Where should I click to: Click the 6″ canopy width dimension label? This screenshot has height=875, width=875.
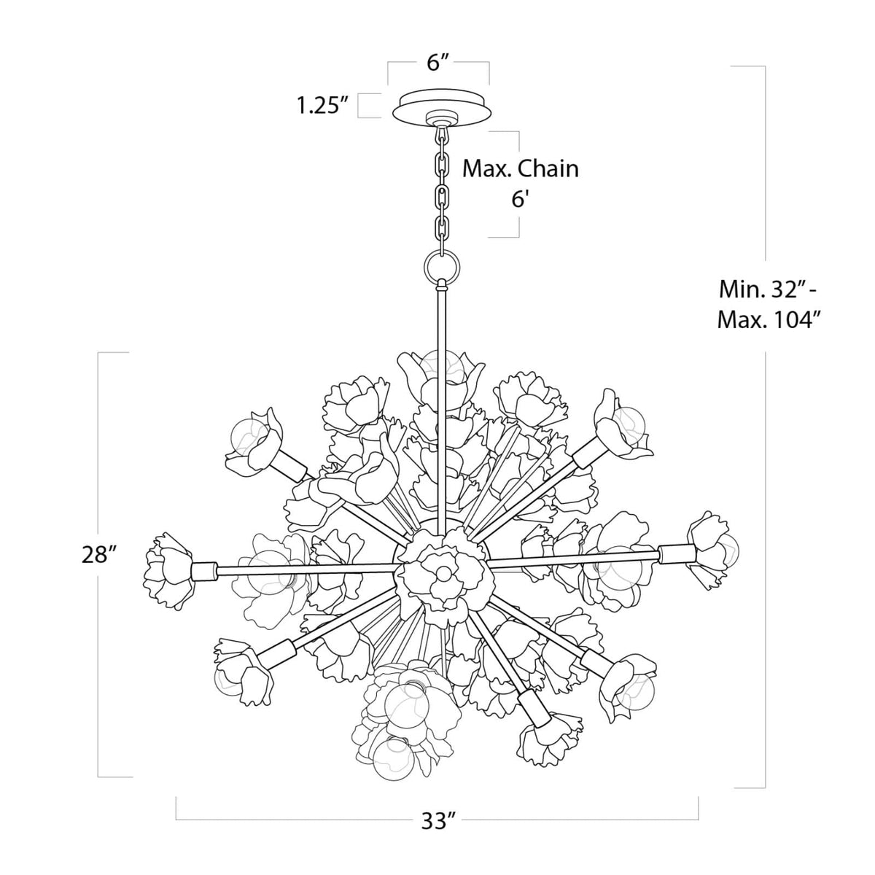point(437,63)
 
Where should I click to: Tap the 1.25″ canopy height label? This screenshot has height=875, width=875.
point(319,106)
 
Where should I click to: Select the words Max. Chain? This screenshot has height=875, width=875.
point(521,168)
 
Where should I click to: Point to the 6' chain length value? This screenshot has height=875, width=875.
point(518,198)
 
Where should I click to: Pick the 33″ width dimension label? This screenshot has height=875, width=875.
point(437,822)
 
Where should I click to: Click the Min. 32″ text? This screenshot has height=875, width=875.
point(767,289)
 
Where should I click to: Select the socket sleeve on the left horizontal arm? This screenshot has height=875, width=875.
point(205,569)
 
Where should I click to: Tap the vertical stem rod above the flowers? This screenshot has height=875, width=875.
point(440,328)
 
